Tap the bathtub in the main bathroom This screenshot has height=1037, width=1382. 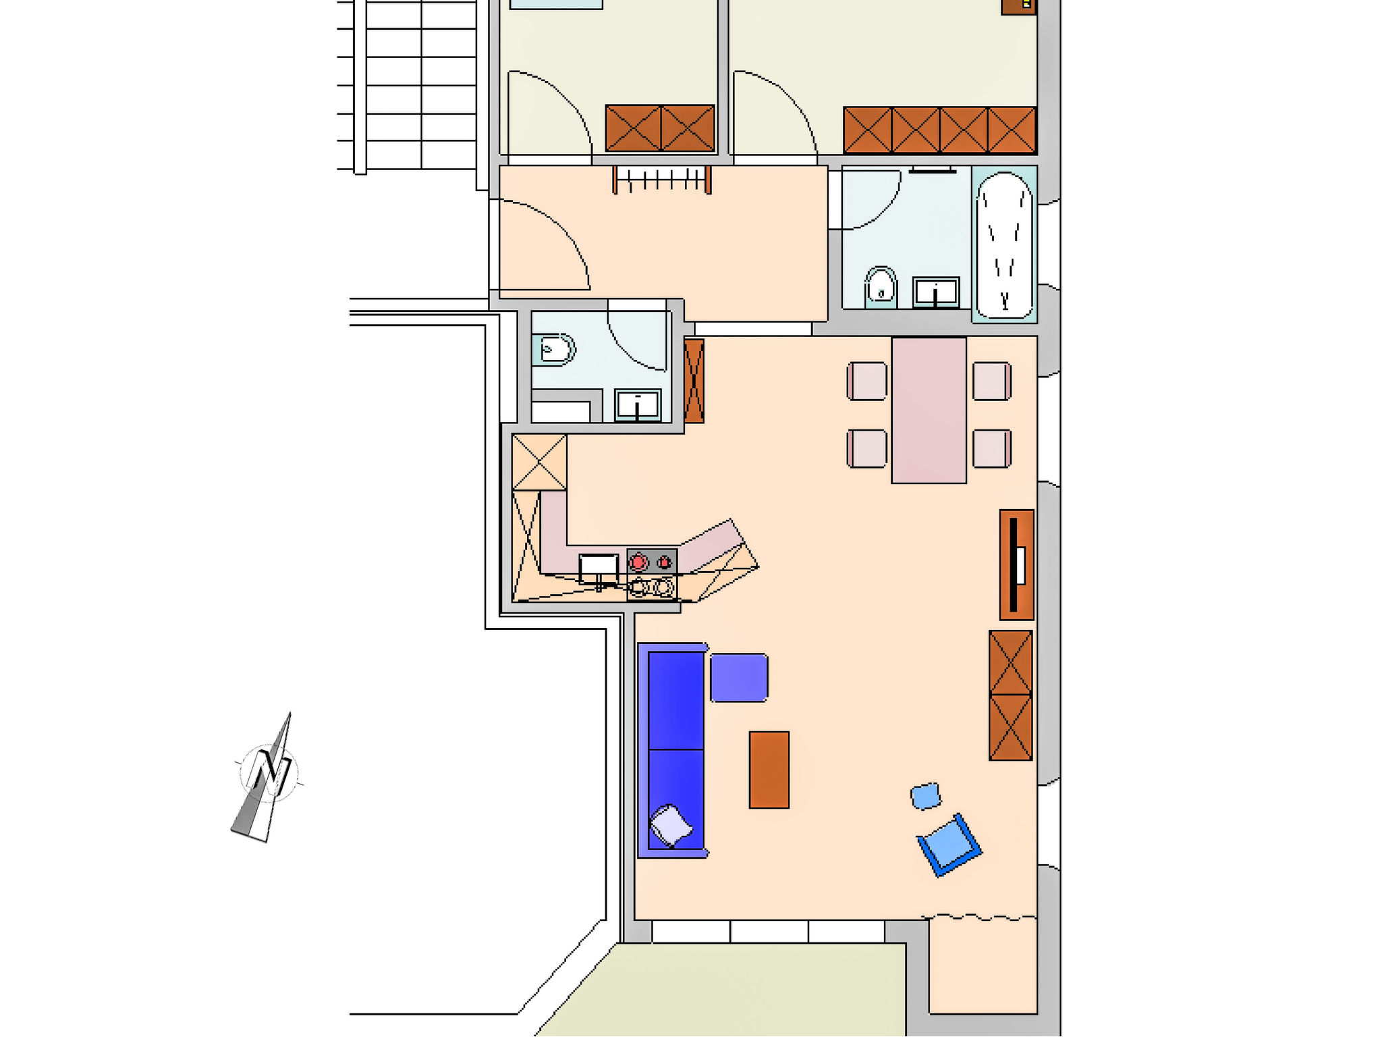(1004, 244)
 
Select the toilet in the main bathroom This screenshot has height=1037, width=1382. (881, 286)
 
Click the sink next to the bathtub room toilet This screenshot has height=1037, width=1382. (936, 292)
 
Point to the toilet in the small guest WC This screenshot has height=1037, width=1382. (553, 349)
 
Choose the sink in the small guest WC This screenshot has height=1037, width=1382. (638, 405)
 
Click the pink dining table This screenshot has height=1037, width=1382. (929, 410)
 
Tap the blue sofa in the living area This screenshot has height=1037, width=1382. (672, 750)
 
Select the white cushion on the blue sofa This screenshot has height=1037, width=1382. (671, 825)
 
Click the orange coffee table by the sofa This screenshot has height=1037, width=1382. (769, 770)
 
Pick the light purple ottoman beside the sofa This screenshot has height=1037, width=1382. (739, 677)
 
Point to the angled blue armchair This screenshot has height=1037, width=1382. (949, 845)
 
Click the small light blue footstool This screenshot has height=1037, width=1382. (926, 796)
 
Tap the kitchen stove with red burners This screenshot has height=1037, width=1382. (652, 575)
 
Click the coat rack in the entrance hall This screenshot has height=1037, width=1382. (662, 180)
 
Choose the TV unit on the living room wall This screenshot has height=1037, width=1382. (1016, 564)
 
